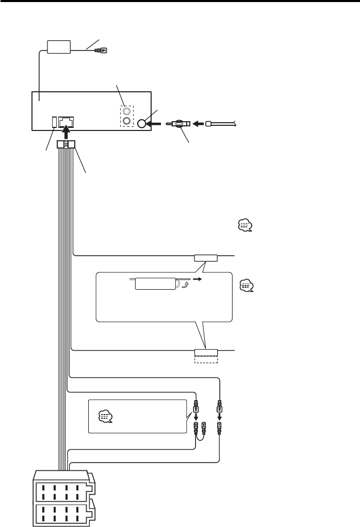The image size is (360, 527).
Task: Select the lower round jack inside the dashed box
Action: pos(126,122)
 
